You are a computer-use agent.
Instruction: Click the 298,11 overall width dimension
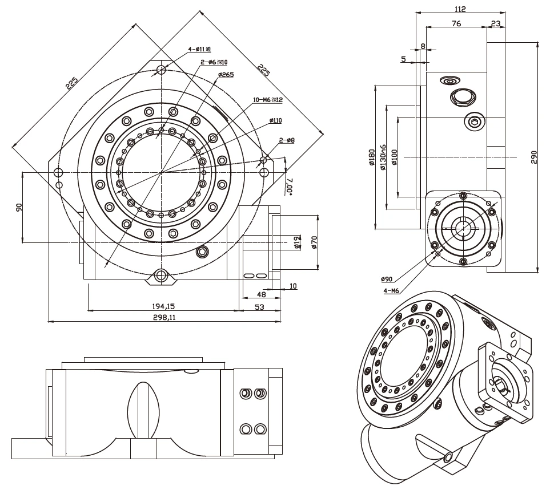click(164, 317)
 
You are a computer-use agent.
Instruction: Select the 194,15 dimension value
click(163, 306)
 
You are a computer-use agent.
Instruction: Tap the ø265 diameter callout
click(226, 75)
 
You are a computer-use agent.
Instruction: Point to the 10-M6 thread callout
click(268, 100)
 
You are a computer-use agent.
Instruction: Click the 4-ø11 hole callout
click(199, 49)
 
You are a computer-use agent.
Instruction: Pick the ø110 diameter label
click(275, 120)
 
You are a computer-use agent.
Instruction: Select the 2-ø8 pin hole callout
click(287, 140)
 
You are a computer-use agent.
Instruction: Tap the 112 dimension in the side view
click(460, 9)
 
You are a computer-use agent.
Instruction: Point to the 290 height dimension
click(534, 157)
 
